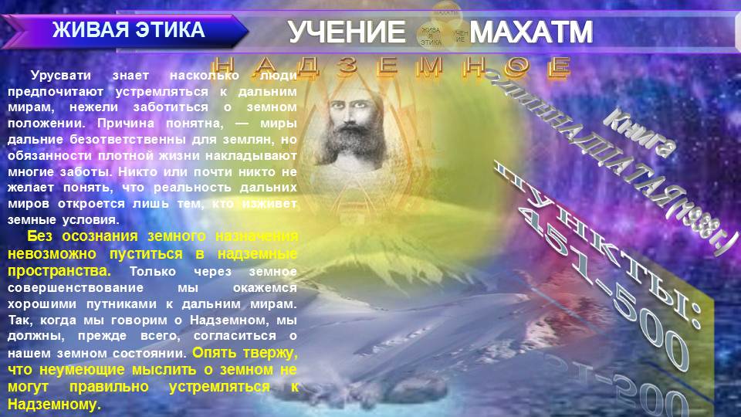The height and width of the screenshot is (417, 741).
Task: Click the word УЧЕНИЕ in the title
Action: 347,32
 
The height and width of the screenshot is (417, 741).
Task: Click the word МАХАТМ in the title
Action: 531,32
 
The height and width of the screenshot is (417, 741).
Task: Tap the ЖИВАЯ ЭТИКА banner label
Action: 128,31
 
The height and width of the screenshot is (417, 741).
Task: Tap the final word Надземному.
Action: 54,404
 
